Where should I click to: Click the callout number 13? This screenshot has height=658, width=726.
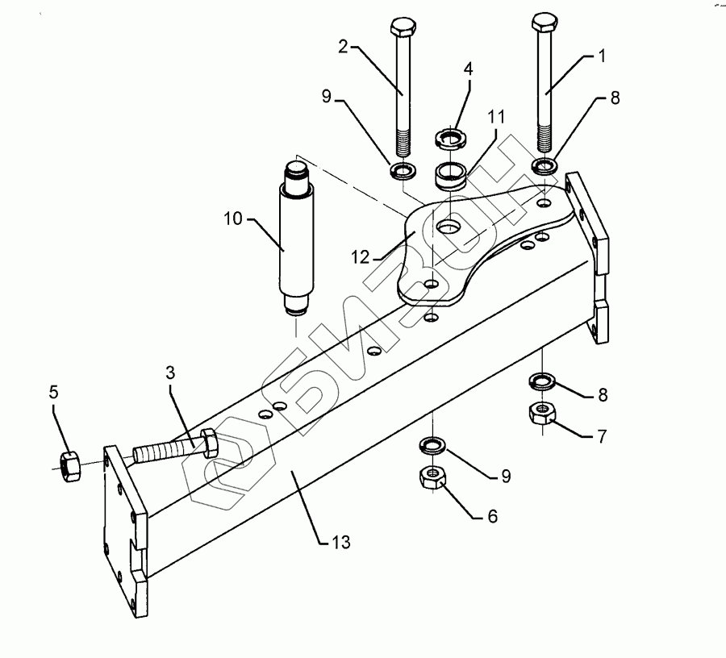click(x=341, y=543)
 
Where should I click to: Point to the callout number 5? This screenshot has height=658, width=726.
click(x=53, y=394)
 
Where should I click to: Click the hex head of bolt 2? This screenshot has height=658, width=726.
click(x=401, y=30)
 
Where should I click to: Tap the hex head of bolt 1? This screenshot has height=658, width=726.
click(x=544, y=22)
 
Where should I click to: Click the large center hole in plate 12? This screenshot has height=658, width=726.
click(x=449, y=228)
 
